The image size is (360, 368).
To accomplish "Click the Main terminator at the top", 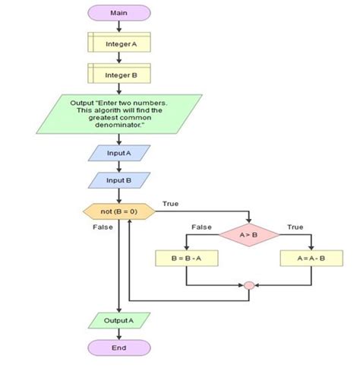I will pos(119,13).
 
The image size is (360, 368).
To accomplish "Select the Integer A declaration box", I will pos(119,44).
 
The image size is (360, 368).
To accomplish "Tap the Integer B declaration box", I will pos(119,75).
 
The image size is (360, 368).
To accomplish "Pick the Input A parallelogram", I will pos(119,153).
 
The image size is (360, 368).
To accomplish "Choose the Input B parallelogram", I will pos(119,180).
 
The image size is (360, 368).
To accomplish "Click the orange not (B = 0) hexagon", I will pos(119,211).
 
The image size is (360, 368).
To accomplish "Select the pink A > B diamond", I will pos(248,235).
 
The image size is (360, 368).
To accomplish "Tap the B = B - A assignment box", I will pos(186,259).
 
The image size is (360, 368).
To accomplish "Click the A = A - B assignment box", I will pos(311,259).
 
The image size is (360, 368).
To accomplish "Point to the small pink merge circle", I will pos(248,286).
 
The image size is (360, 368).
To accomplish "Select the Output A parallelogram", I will pos(119,321).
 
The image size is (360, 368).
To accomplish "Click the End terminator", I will pos(119,348).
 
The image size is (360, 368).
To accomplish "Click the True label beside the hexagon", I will pos(171,204).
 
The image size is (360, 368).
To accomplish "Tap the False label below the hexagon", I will pos(103,227).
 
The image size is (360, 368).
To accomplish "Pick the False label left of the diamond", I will pos(201,227).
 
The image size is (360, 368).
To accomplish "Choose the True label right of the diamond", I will pos(295,227).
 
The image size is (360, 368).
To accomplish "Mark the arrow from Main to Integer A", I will pos(119,27).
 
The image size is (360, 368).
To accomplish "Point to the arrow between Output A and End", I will pos(119,335).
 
